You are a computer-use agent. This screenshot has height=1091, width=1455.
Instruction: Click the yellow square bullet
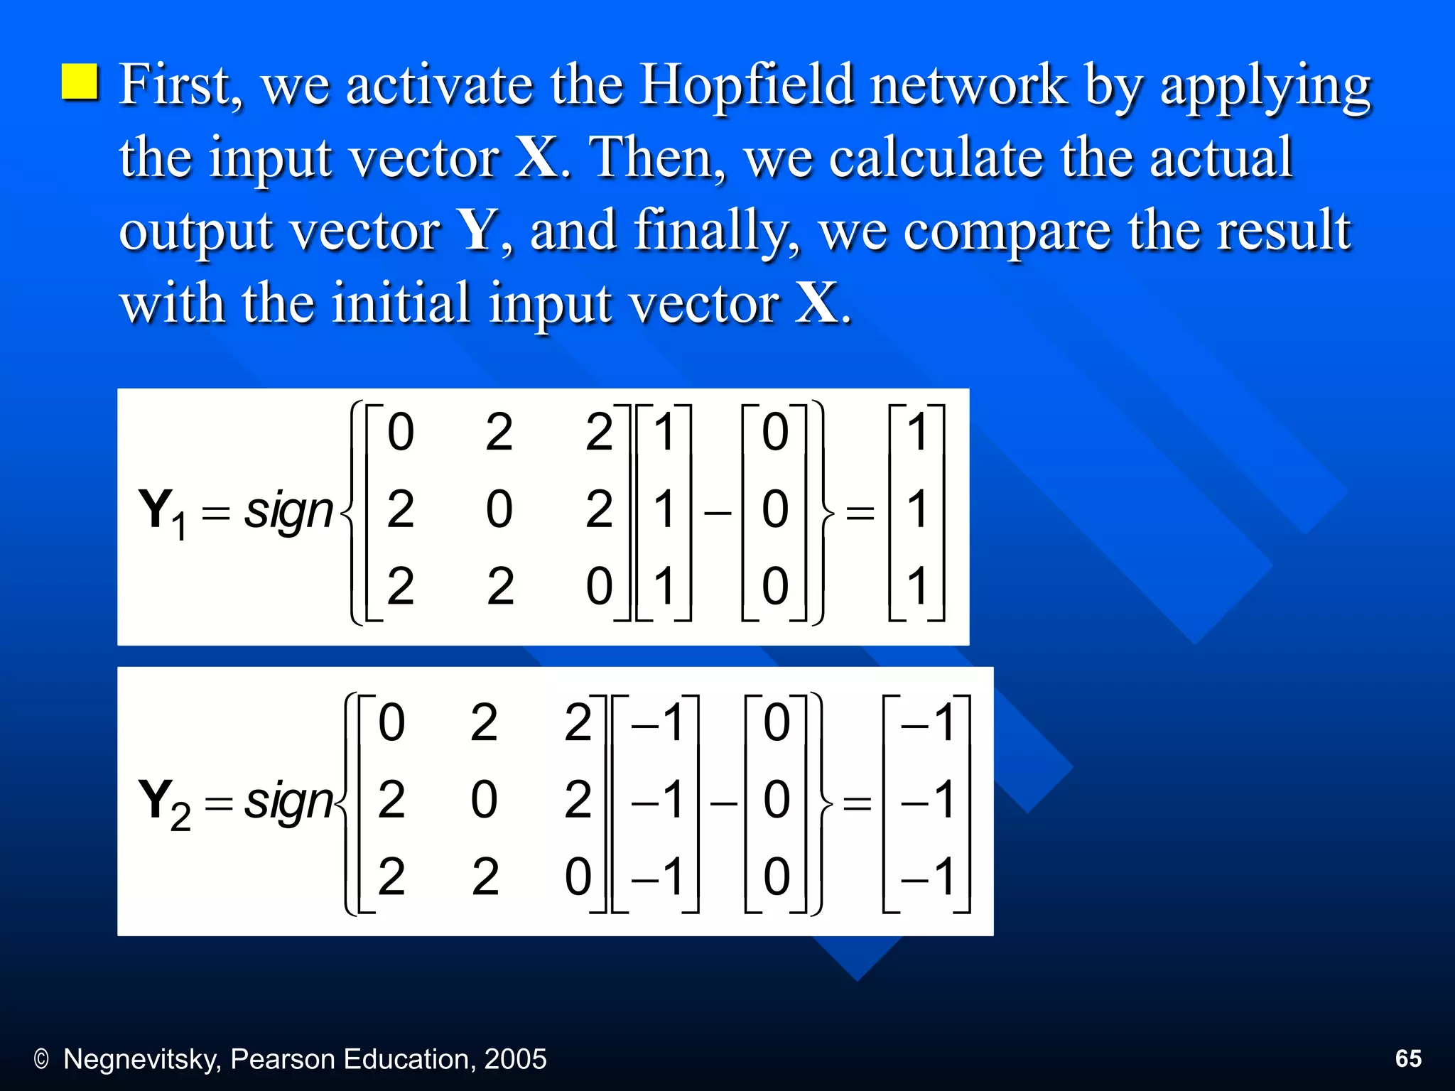79,82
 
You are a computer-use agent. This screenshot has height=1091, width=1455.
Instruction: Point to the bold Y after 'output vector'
477,230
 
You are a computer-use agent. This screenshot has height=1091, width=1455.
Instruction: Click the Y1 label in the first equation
163,512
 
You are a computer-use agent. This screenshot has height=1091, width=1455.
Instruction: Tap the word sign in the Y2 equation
288,801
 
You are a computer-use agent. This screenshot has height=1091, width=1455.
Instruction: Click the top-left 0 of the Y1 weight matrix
400,432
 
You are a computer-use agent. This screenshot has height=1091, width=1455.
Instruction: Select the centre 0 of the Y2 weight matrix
484,800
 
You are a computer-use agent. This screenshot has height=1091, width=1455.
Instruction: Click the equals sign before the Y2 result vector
857,803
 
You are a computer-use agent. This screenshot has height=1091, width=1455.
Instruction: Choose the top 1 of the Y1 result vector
918,432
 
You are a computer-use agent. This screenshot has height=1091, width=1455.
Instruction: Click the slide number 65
1408,1058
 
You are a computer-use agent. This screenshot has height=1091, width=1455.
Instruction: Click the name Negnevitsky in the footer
141,1059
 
